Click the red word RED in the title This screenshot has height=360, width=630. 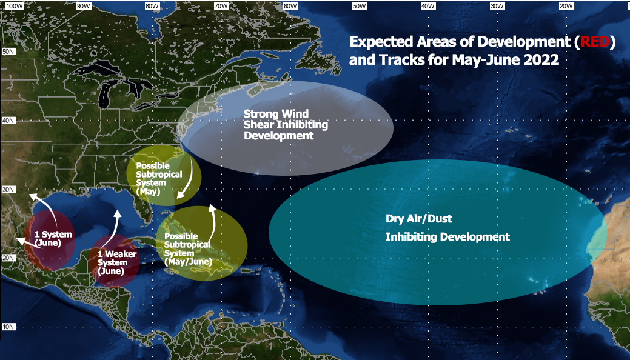click(595, 42)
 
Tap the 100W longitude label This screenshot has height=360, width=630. click(14, 6)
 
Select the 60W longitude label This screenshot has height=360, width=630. click(290, 6)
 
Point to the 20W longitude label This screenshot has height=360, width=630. click(566, 6)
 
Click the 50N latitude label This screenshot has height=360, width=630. click(8, 52)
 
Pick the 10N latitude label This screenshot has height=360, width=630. click(8, 327)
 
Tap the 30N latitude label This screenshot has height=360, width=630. click(8, 190)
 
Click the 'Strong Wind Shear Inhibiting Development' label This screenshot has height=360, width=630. click(286, 125)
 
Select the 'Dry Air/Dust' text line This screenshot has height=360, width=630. click(418, 219)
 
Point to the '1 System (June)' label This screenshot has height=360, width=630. click(53, 239)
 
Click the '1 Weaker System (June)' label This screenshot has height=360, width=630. click(117, 262)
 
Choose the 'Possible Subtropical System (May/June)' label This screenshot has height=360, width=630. click(188, 249)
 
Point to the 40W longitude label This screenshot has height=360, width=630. click(428, 6)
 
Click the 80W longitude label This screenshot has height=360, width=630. click(152, 6)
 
